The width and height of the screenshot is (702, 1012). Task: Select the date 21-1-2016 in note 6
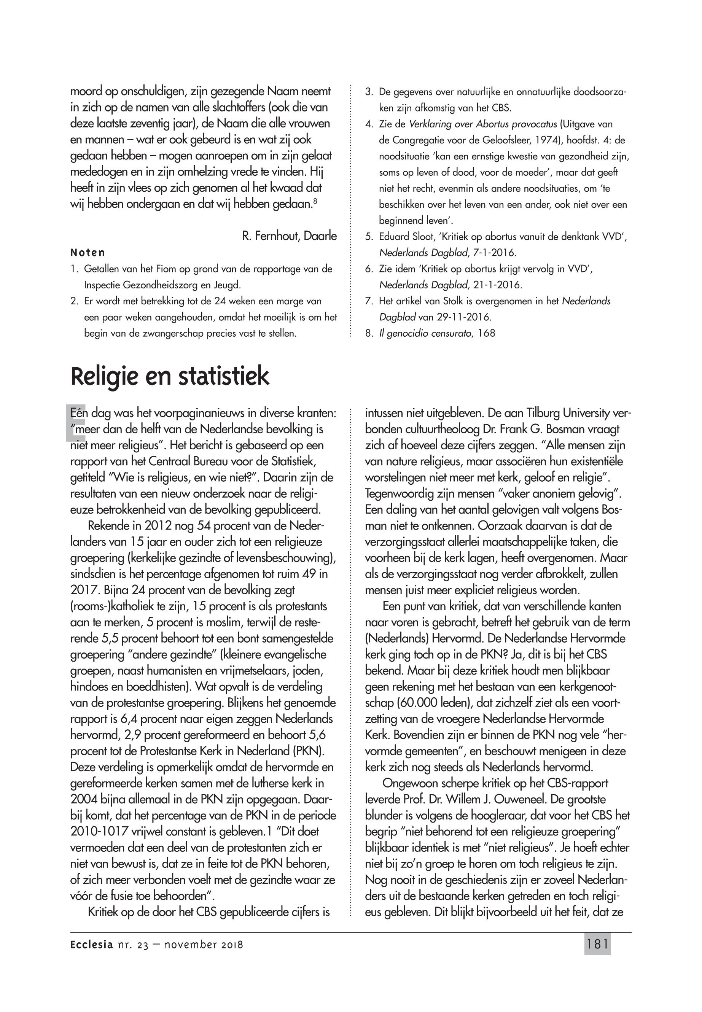498,285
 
